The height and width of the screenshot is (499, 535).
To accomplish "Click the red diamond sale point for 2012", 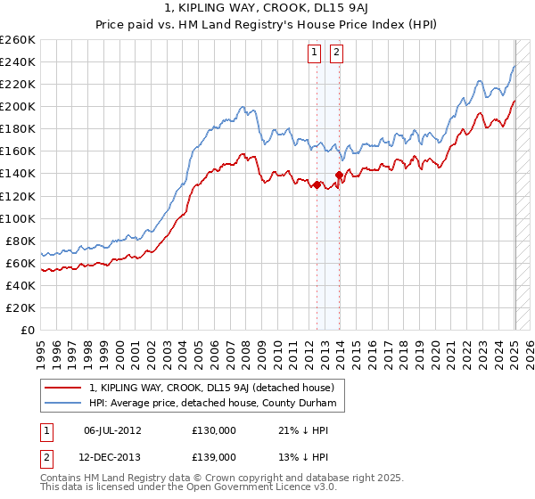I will pyautogui.click(x=317, y=184).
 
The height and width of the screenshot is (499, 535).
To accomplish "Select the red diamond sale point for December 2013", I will pyautogui.click(x=339, y=175).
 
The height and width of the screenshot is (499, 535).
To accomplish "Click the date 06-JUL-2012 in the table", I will pyautogui.click(x=112, y=429).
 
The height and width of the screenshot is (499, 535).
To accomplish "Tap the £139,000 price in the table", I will pyautogui.click(x=213, y=456).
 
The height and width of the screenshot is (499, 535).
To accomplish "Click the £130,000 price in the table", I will pyautogui.click(x=213, y=429).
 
